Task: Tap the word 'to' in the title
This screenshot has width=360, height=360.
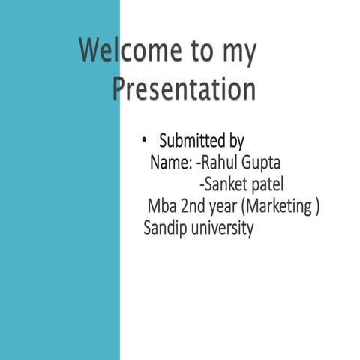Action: (x=201, y=52)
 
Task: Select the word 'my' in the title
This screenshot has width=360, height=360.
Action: (x=239, y=54)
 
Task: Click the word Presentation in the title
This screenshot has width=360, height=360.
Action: (x=184, y=88)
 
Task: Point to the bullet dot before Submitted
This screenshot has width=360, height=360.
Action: (x=145, y=140)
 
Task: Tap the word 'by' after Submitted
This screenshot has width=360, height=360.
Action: (x=235, y=142)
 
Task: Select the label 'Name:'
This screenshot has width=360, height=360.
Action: (x=171, y=162)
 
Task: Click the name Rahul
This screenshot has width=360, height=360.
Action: (x=218, y=162)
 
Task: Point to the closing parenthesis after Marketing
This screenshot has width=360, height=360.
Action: (x=318, y=206)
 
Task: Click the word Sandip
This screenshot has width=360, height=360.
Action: (x=163, y=228)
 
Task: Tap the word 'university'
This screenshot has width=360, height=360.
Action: (x=222, y=228)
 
